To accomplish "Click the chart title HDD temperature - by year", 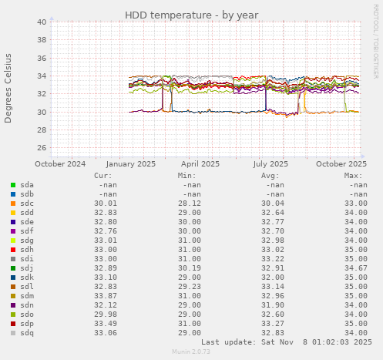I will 192,15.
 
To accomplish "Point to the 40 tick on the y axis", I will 42,22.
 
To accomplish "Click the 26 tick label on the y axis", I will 42,148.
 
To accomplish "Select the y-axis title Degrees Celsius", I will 8,88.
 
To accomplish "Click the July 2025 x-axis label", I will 270,163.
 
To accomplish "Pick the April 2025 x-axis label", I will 200,163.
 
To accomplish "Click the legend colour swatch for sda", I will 13,185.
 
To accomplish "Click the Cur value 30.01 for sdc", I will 106,204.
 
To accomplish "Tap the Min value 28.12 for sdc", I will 190,204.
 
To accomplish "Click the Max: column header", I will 354,175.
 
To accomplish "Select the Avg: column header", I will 271,175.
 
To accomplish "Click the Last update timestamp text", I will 287,341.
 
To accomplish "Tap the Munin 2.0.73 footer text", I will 191,352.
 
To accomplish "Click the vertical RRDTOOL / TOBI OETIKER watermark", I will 375,49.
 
